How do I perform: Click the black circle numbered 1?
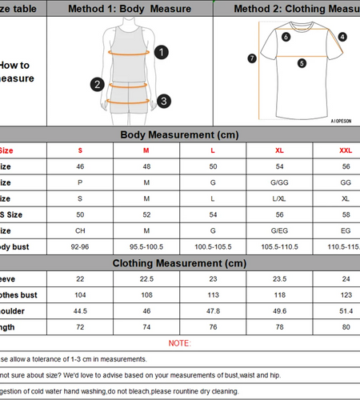pos(162,52)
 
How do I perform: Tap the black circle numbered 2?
pos(98,84)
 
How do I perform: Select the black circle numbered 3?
pos(163,101)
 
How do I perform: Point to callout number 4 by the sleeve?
pos(342,37)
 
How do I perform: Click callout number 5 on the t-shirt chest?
pos(302,63)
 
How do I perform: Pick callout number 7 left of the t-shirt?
pos(252,58)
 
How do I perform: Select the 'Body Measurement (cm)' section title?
pos(179,134)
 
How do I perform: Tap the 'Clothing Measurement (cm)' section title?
pos(179,263)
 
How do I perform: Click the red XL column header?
pos(279,150)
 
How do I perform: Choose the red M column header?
pos(146,150)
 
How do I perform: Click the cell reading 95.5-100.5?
pos(146,247)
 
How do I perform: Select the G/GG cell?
pos(279,182)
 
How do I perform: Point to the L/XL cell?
pos(279,198)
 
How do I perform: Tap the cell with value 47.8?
pos(214,310)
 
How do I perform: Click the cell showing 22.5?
pos(146,278)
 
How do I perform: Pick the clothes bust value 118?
pos(279,294)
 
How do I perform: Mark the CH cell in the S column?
pos(80,230)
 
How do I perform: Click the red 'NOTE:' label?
pos(179,343)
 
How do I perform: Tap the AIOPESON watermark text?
pos(345,122)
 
